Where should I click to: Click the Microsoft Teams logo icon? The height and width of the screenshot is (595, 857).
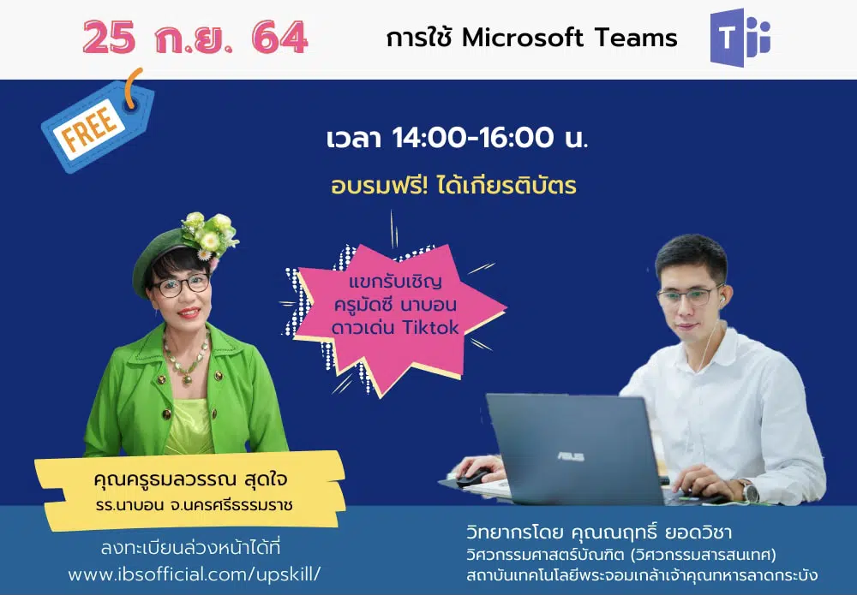tap(740, 37)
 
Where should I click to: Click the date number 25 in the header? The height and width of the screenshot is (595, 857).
tap(110, 37)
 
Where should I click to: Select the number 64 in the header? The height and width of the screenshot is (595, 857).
tap(280, 37)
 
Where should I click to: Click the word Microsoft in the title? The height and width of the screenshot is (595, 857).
tap(523, 39)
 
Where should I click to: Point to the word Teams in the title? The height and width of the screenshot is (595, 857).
tap(636, 39)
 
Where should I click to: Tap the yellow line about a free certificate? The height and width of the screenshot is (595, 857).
tap(453, 186)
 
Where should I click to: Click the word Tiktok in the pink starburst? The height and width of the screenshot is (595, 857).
tap(431, 327)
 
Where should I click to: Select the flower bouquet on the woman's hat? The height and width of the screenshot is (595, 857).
tap(210, 235)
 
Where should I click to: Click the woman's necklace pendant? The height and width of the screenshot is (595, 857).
tap(187, 378)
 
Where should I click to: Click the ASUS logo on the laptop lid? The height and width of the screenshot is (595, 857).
tap(571, 456)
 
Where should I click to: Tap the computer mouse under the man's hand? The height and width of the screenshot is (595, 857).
tap(472, 479)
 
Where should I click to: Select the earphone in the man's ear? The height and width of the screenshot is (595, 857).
tap(722, 300)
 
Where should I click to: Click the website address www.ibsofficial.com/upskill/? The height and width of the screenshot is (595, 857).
tap(195, 574)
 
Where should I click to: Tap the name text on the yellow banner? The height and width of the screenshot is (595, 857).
tap(190, 479)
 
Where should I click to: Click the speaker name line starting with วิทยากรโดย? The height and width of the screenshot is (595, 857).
tap(599, 532)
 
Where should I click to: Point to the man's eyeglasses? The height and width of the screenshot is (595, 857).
tap(690, 296)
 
